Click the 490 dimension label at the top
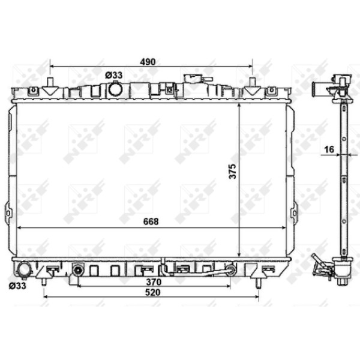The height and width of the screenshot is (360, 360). coord(148,61)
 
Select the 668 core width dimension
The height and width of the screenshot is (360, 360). coord(151,221)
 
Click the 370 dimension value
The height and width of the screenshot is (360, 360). coord(154,281)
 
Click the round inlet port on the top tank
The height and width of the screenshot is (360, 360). coord(115,90)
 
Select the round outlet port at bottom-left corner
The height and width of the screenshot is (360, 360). coord(25,270)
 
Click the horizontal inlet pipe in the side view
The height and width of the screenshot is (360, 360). coord(319,91)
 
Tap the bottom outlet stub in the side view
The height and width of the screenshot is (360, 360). coord(343,279)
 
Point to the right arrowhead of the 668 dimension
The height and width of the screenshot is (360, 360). coord(284,228)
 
